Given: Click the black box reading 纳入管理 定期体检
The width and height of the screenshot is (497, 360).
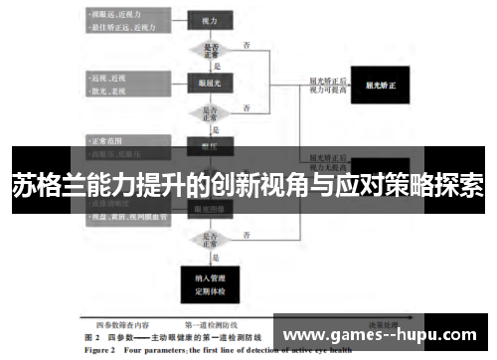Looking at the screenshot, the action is coord(210,282).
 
